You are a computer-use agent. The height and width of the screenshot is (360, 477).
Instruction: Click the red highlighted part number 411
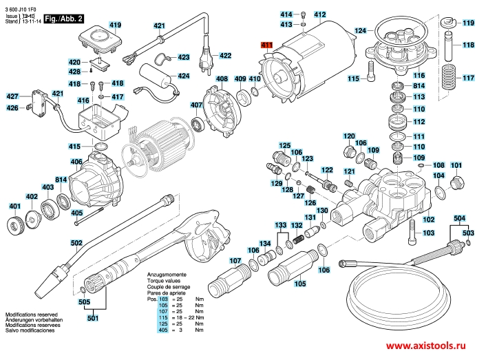pyautogui.click(x=267, y=45)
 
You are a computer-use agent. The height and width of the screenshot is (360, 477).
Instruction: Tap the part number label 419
pyautogui.click(x=114, y=25)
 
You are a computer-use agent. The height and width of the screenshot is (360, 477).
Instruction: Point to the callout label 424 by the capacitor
pyautogui.click(x=184, y=76)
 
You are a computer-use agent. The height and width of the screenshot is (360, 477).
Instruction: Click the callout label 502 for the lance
pyautogui.click(x=76, y=242)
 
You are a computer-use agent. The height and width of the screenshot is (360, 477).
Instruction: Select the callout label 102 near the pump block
pyautogui.click(x=428, y=220)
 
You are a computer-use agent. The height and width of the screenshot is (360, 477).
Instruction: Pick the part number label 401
pyautogui.click(x=14, y=206)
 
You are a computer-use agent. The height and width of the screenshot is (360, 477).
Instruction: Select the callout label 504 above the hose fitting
pyautogui.click(x=459, y=218)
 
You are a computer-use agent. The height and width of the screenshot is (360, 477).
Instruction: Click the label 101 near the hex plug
pyautogui.click(x=456, y=166)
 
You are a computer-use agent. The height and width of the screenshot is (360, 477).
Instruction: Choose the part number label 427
pyautogui.click(x=13, y=96)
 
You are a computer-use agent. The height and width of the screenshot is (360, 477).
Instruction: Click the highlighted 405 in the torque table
pyautogui.click(x=163, y=330)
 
